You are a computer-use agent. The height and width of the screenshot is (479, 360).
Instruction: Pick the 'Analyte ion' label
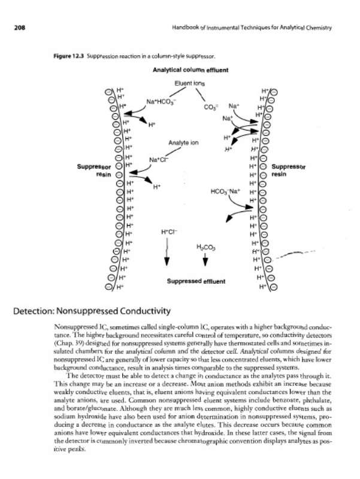coord(183,143)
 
